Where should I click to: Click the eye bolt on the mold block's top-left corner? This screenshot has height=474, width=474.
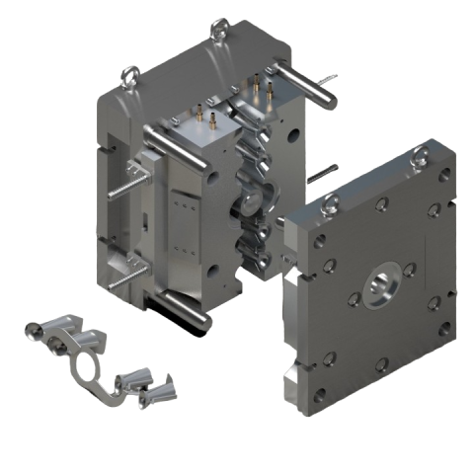(129, 74)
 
